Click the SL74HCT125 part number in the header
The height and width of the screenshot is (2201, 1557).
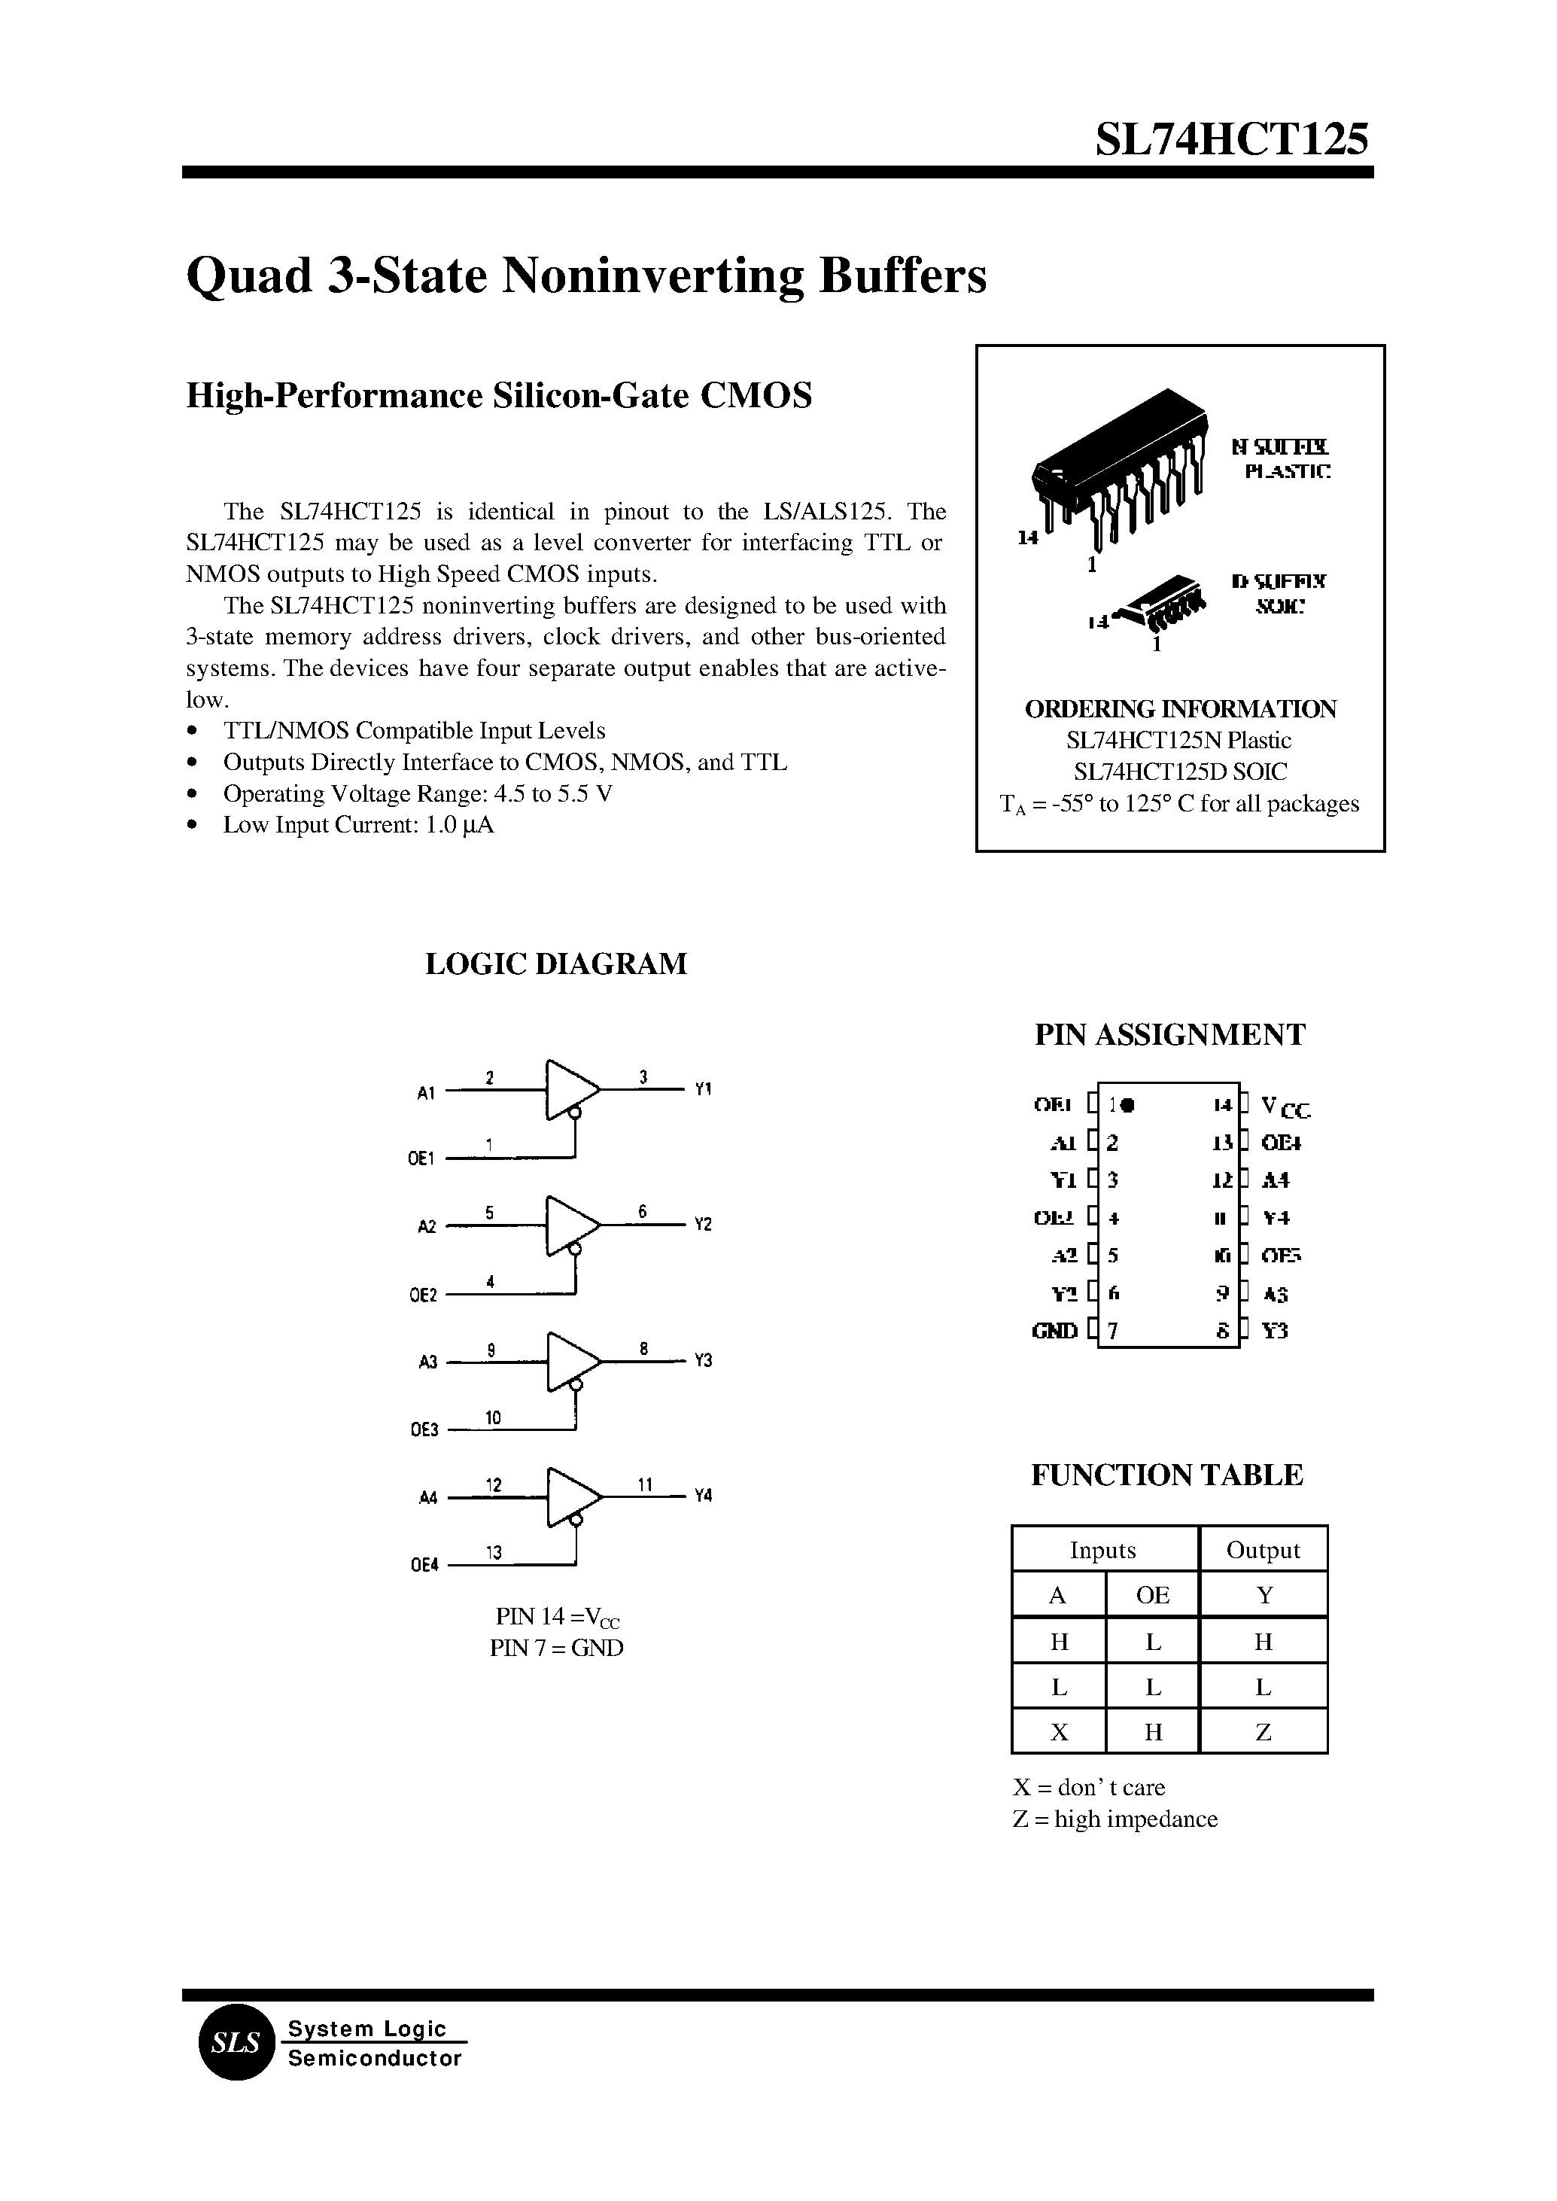(x=1232, y=140)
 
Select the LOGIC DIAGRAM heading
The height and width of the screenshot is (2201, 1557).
(x=555, y=963)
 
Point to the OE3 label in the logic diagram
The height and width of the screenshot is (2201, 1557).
(x=424, y=1430)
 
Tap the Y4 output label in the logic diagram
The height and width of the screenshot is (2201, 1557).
(x=703, y=1495)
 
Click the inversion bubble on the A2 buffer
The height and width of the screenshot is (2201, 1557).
(x=574, y=1249)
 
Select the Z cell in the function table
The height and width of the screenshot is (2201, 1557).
(x=1263, y=1732)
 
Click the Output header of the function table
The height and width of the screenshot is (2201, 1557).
(x=1263, y=1550)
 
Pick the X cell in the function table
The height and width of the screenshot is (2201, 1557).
(x=1059, y=1732)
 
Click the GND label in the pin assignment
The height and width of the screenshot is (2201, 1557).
(x=1054, y=1331)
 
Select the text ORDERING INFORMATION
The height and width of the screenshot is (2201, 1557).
(x=1180, y=709)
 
